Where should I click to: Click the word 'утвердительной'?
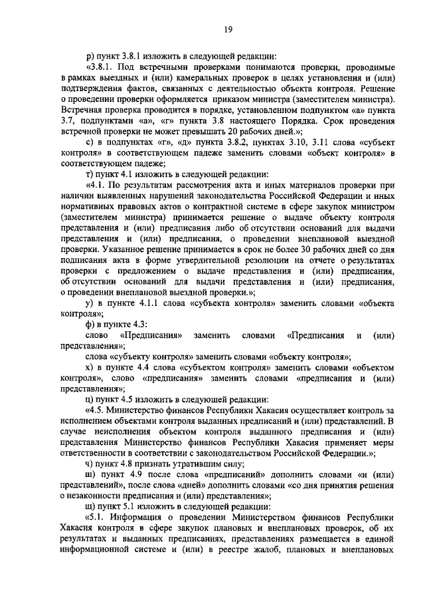(183, 255)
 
